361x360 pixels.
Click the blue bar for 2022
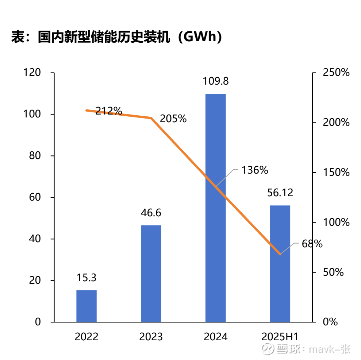coord(87,306)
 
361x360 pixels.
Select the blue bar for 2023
coord(151,274)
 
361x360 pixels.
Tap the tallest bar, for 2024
coord(215,208)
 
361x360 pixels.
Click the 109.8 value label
coord(215,81)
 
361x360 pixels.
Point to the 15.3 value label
coord(87,278)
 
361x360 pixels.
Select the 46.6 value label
coord(151,213)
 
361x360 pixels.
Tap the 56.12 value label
coord(280,193)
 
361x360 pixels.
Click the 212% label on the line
coord(108,111)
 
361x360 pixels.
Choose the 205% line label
coord(173,119)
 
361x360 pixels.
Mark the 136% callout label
coord(255,170)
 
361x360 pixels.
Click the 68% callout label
coord(312,244)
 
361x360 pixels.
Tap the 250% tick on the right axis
coord(336,73)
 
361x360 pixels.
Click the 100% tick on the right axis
coord(336,222)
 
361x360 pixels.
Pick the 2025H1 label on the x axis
coord(280,336)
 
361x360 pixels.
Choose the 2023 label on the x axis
coord(151,336)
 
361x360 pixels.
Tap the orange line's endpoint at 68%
coord(280,254)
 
